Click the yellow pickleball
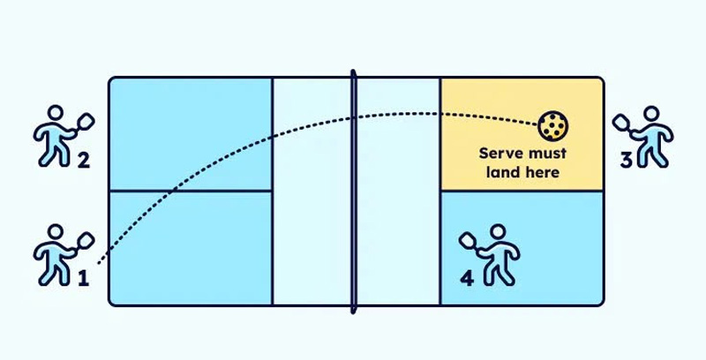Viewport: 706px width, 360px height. click(x=553, y=127)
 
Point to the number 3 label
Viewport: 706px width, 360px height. click(x=625, y=161)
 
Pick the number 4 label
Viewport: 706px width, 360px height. click(x=468, y=278)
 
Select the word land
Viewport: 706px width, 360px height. click(x=502, y=172)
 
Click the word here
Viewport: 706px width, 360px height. click(x=543, y=172)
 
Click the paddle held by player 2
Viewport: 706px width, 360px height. click(x=86, y=122)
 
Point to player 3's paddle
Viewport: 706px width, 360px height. click(x=620, y=122)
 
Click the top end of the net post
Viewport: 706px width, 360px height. click(x=353, y=73)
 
